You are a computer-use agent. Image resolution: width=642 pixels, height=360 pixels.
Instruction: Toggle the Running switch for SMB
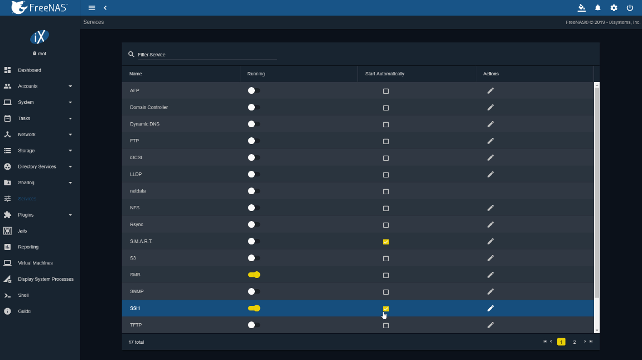point(254,275)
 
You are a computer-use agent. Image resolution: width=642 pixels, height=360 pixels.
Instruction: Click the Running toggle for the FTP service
point(254,141)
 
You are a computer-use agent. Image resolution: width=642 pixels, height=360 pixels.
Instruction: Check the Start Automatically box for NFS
point(385,208)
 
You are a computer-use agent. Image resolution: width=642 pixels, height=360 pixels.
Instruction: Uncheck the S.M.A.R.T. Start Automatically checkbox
point(385,242)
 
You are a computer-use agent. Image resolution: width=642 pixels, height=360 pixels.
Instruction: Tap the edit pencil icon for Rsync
point(490,225)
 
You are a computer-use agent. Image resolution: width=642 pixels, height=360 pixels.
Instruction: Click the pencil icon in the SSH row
point(490,309)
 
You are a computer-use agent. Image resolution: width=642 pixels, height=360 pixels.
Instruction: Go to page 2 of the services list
point(575,342)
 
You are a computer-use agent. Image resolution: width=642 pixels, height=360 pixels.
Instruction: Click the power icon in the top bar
point(630,8)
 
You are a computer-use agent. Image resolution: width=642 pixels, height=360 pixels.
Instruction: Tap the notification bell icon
point(598,8)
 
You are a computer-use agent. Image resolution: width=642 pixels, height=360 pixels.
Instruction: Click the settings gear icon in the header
point(614,8)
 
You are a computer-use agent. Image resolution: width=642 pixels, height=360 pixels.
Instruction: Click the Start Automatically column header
point(384,74)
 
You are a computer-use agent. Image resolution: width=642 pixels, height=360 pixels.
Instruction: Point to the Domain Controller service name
point(148,107)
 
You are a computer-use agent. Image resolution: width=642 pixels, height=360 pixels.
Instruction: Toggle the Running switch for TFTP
point(254,325)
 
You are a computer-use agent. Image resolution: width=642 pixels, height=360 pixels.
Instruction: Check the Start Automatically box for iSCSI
point(385,158)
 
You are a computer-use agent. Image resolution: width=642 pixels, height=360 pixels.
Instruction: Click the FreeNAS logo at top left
point(39,7)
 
